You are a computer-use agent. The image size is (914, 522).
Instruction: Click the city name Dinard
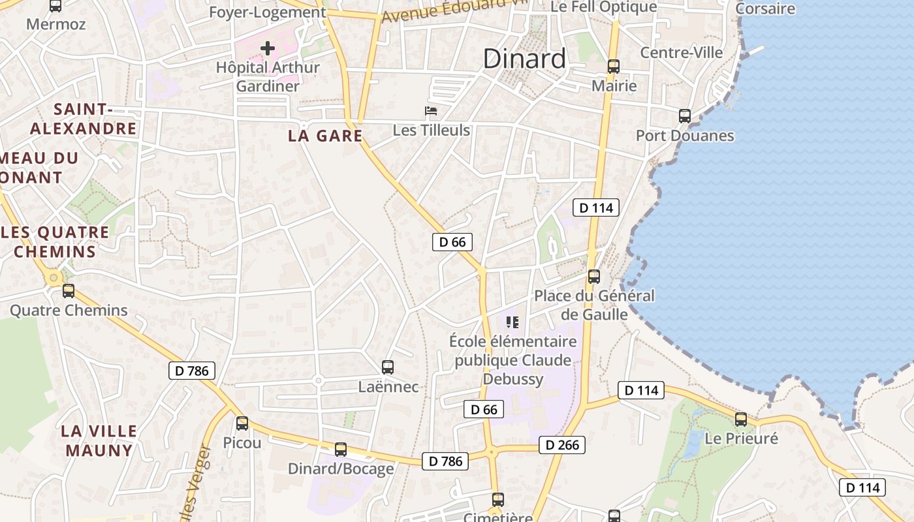pos(524,59)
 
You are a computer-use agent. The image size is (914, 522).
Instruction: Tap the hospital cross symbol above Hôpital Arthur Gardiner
pos(268,48)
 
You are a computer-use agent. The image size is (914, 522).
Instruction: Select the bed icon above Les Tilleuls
pos(431,111)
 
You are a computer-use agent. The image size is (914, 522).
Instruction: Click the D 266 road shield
pos(561,445)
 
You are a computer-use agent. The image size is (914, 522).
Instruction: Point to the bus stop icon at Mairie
pos(614,67)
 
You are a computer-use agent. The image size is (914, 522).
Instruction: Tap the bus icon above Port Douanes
pos(685,116)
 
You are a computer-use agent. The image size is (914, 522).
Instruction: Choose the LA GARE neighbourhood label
pos(325,136)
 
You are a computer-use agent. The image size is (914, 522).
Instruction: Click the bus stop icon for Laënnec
pos(388,367)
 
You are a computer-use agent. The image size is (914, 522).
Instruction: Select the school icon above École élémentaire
pos(512,322)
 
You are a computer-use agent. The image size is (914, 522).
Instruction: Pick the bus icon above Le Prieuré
pos(741,420)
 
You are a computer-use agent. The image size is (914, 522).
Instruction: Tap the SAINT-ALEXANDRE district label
pos(84,119)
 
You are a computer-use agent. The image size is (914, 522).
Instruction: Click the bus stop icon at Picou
pos(242,423)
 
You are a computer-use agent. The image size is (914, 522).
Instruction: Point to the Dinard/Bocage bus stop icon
pos(341,450)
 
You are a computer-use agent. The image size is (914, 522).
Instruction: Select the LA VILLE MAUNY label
pos(99,440)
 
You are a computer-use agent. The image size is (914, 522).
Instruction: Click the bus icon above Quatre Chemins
pos(69,291)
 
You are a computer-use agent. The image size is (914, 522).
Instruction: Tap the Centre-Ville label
pos(682,52)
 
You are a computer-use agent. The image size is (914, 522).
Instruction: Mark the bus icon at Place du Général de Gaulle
pos(594,277)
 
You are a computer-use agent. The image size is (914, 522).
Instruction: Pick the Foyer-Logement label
pos(267,12)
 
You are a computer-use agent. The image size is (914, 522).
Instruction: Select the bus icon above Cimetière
pos(498,500)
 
